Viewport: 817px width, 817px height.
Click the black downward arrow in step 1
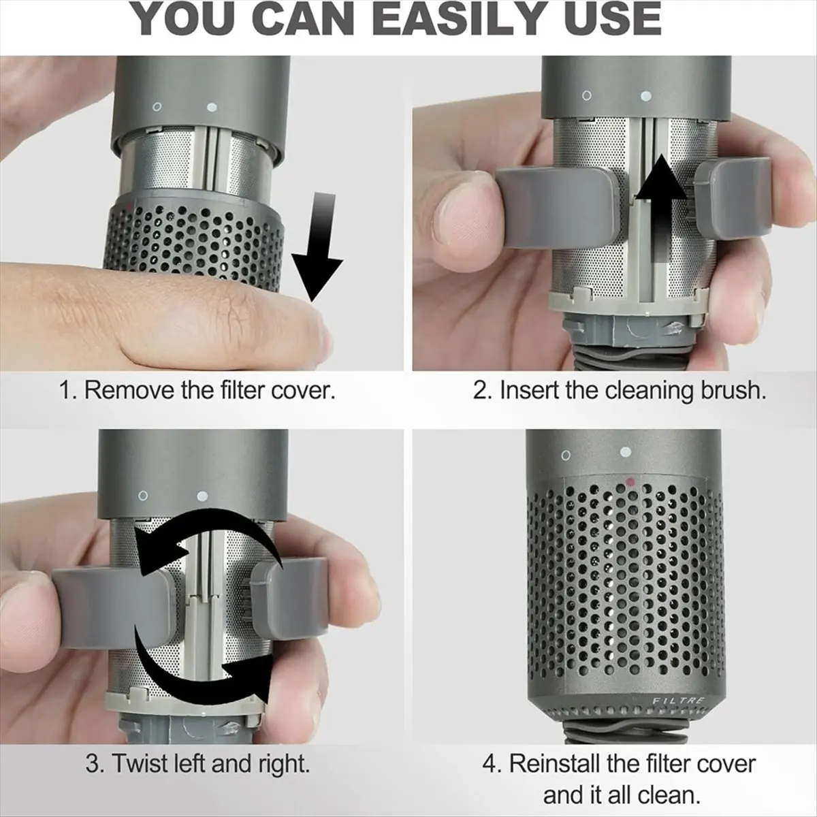[x=317, y=246]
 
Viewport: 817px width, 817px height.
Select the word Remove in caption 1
[x=129, y=390]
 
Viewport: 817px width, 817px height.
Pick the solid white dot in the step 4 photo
[x=623, y=452]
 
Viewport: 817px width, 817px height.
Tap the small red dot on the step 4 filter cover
[x=630, y=481]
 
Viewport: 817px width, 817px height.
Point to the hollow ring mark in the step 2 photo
[x=587, y=96]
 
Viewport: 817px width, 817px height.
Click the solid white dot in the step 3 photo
[x=202, y=496]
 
